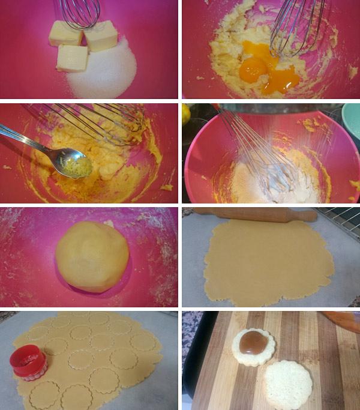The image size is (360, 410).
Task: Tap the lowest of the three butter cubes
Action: point(71,59)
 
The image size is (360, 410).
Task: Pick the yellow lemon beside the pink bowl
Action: point(185,113)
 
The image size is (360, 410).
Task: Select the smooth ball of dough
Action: point(92,256)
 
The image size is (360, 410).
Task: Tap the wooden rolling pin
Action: point(258,214)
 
